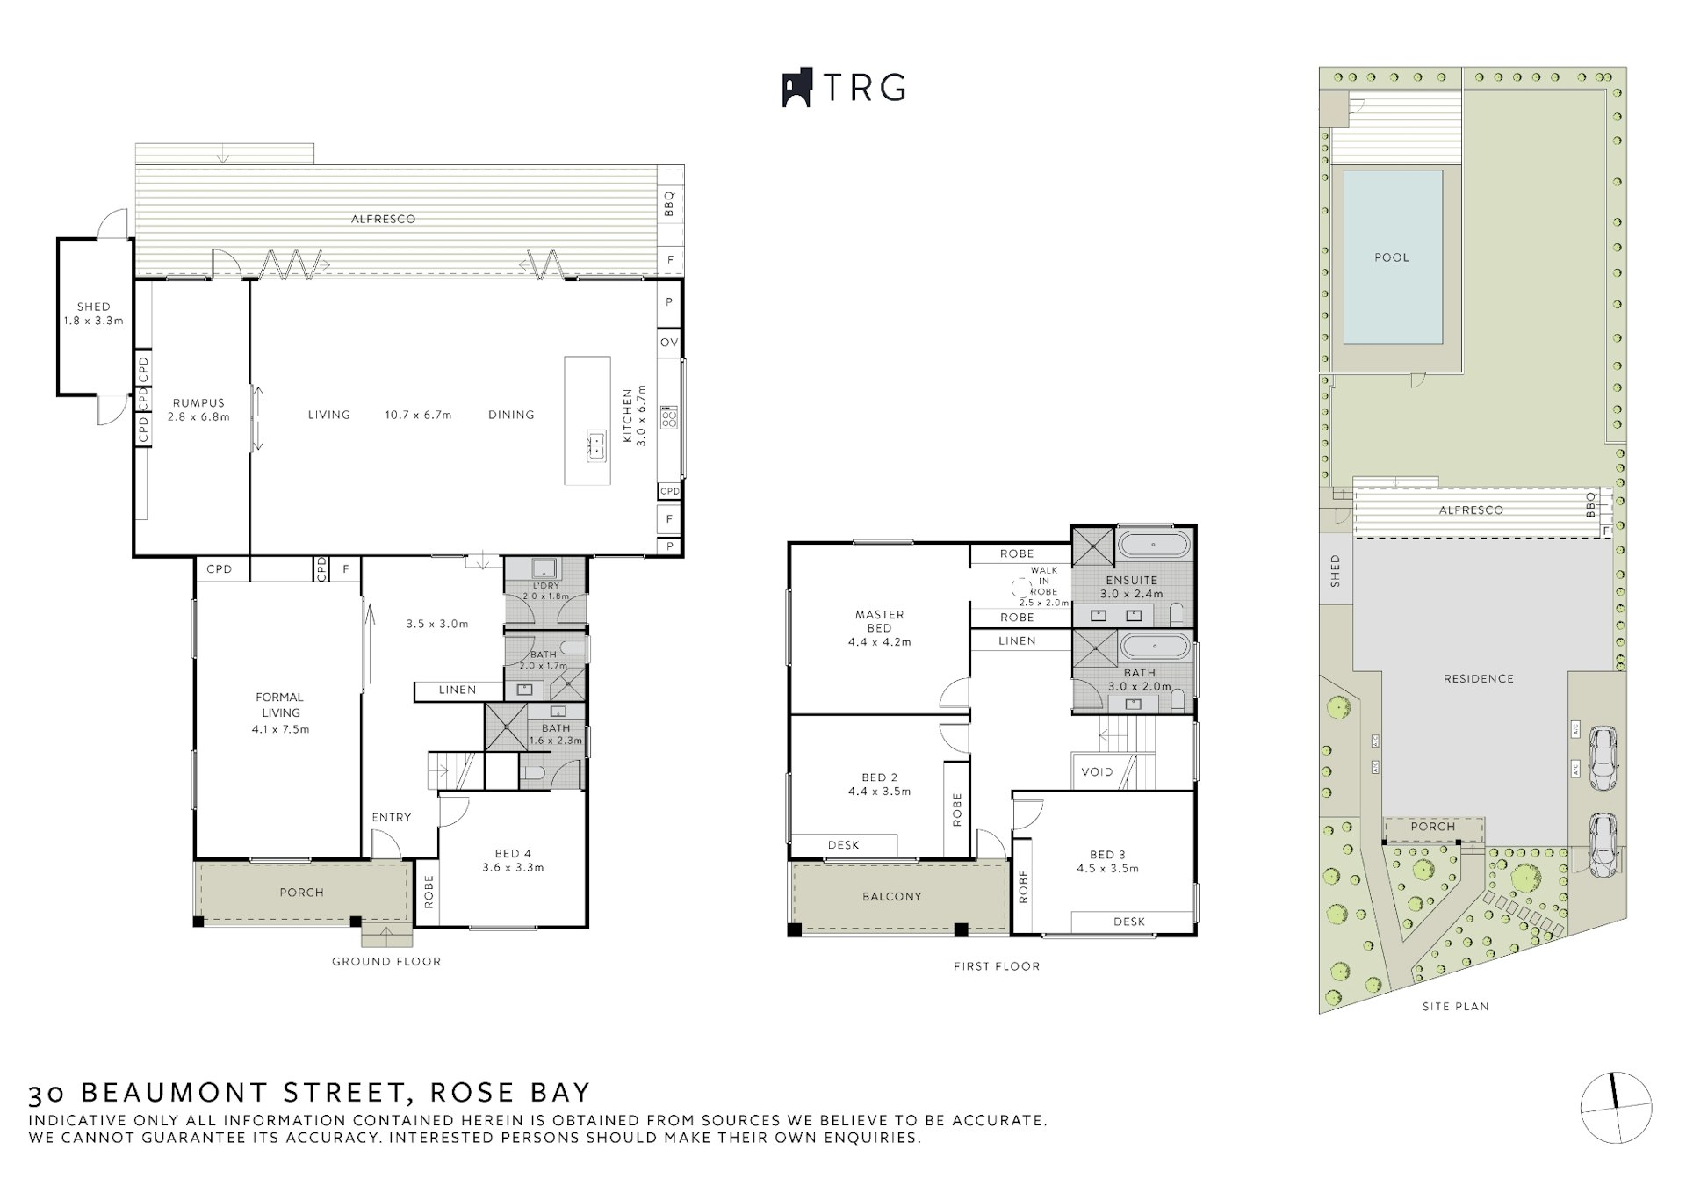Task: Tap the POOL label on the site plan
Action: [x=1392, y=257]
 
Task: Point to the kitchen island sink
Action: [x=596, y=445]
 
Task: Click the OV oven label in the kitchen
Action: [x=669, y=343]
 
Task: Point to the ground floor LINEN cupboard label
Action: [x=458, y=690]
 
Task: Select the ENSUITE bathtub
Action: [x=1154, y=546]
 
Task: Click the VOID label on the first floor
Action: [x=1097, y=772]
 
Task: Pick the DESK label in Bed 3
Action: [x=1129, y=922]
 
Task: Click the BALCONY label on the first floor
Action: [x=891, y=896]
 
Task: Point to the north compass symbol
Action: [x=1616, y=1108]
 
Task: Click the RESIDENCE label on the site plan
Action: [x=1479, y=678]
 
